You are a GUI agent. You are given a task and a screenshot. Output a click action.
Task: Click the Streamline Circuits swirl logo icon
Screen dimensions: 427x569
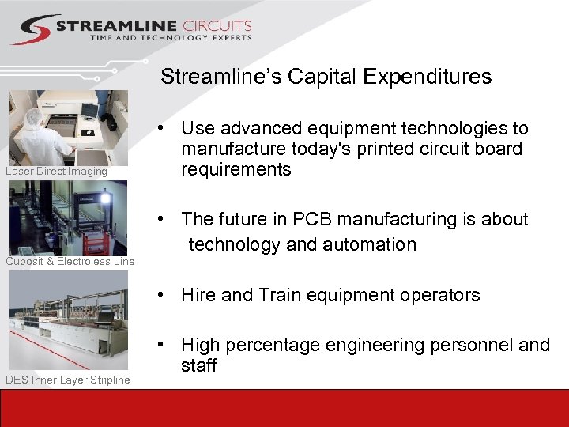point(31,30)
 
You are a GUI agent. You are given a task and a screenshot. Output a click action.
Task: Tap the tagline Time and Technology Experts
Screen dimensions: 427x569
point(170,38)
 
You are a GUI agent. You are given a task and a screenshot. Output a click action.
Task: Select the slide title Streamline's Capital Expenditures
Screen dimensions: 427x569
point(326,77)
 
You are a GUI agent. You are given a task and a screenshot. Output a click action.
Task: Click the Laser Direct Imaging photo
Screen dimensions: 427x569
point(68,128)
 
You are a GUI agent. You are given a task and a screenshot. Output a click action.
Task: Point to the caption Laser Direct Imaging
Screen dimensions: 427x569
point(56,172)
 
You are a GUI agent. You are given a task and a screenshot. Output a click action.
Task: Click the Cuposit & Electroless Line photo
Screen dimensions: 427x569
point(68,218)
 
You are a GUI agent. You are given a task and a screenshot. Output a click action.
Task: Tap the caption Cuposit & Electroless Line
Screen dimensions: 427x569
point(70,261)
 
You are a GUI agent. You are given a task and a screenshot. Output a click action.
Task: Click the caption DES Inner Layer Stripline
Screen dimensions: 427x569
point(67,380)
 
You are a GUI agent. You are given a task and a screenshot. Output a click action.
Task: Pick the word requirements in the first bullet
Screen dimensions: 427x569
point(236,169)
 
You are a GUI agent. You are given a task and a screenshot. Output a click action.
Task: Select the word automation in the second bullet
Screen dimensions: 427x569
point(372,244)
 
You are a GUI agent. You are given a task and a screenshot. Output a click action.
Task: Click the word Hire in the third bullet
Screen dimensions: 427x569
point(198,295)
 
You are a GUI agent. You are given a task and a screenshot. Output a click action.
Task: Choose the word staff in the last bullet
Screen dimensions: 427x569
point(198,365)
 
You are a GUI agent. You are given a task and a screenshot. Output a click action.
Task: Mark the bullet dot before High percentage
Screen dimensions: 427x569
point(160,346)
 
